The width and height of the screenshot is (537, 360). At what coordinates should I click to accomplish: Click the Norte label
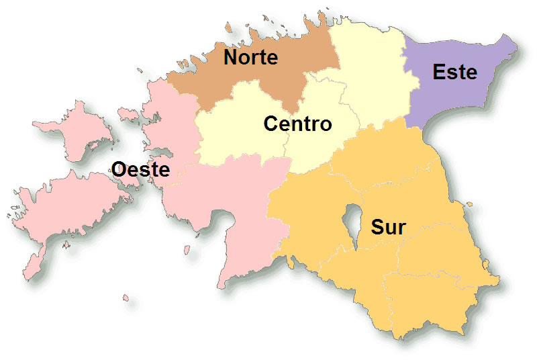click(250, 58)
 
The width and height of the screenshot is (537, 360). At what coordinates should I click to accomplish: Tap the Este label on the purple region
click(455, 72)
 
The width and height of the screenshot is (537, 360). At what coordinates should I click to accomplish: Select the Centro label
click(297, 124)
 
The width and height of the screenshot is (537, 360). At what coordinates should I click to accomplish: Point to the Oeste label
click(140, 169)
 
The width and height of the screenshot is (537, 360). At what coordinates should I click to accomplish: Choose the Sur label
click(388, 227)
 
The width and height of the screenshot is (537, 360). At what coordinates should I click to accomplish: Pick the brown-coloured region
click(282, 81)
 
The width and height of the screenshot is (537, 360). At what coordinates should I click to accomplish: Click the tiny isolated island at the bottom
click(125, 297)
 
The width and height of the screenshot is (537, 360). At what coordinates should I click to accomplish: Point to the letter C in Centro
click(271, 124)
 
